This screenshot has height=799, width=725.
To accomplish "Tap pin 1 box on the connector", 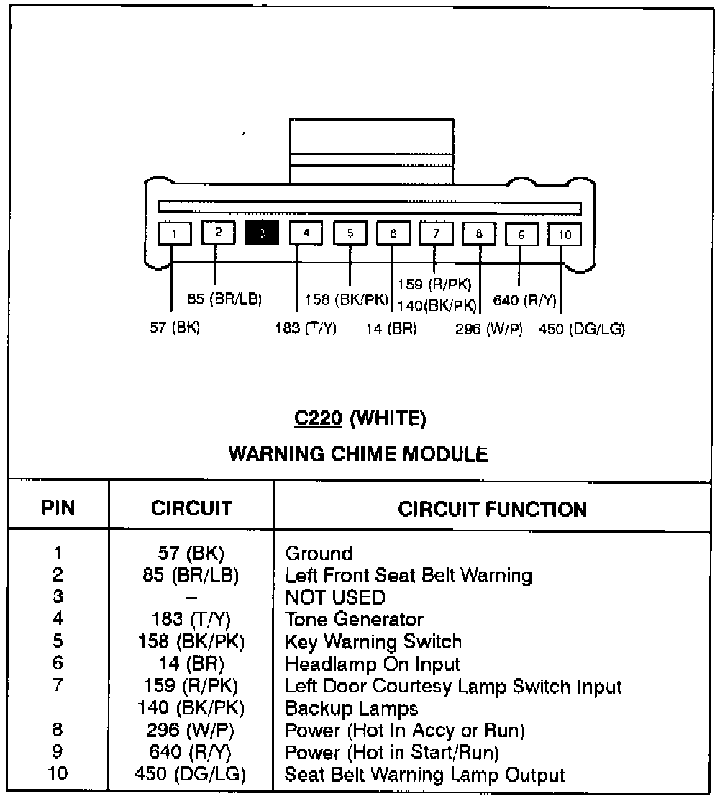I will pos(175,233).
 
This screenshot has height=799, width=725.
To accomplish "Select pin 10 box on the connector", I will pos(565,235).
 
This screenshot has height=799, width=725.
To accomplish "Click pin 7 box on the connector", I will pos(436,233).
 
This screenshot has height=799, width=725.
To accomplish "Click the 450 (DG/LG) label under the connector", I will pos(582,329).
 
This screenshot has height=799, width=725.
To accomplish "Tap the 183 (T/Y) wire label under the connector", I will pos(306,329).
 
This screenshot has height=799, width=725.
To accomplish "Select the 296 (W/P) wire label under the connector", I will pos(489,329).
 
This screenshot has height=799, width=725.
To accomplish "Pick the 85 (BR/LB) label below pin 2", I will pos(224,299).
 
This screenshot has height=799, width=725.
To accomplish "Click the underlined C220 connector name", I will pos(317,417).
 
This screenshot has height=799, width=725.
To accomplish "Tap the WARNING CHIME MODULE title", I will pos(357,454).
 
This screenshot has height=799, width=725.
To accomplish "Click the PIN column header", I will pos(58,509).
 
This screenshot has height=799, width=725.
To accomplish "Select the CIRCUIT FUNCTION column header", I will pos(492,510).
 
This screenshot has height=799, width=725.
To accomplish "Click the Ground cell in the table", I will pos(319,554).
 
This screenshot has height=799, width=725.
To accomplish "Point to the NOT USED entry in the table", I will pos(334,597).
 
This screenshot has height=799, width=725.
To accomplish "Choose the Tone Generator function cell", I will pos(354,620).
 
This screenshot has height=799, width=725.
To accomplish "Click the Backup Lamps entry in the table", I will pos(351,708).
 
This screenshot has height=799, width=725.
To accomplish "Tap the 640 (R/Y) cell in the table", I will pos(191,752).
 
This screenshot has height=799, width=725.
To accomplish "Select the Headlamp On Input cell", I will pos(372,664).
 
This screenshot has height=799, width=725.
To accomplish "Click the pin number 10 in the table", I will pos(58,775).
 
